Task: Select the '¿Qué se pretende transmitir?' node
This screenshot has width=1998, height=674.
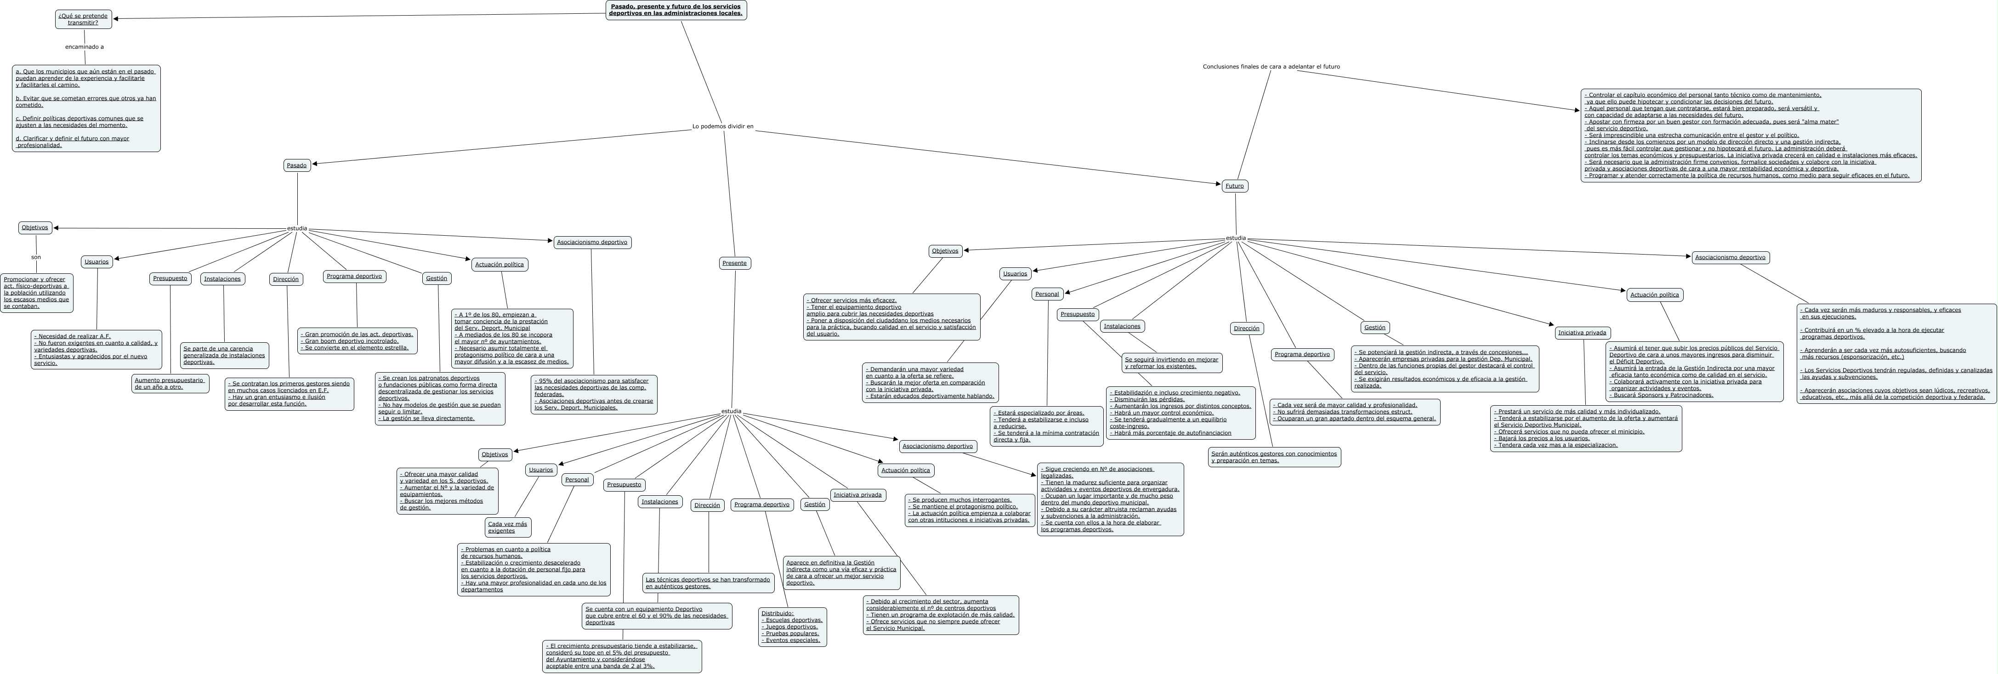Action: [83, 19]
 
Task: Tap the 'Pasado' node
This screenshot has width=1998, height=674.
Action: [296, 165]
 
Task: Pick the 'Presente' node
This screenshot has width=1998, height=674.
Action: [734, 263]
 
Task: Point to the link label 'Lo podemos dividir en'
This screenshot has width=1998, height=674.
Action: [722, 126]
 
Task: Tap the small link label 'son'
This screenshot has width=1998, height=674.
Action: [36, 257]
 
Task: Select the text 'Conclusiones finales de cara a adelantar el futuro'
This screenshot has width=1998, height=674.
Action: [1271, 67]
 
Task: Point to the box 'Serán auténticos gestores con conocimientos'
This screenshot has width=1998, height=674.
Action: [1274, 457]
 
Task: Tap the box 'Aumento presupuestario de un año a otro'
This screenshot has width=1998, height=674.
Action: [170, 383]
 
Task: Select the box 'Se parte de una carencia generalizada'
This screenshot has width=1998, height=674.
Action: [224, 355]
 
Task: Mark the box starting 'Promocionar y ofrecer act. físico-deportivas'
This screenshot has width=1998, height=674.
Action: [36, 292]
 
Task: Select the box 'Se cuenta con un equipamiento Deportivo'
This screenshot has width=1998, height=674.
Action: [656, 616]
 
